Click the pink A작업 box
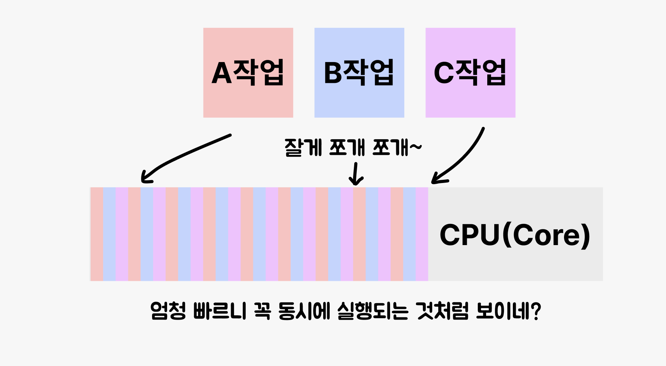click(248, 73)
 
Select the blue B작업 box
click(359, 73)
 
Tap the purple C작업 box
click(470, 73)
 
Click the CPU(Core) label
click(515, 235)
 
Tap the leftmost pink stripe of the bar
click(97, 234)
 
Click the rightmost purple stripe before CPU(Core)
click(422, 234)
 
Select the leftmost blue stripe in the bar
click(109, 234)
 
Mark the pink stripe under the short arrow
click(359, 234)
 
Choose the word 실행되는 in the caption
click(372, 311)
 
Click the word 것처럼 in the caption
click(442, 311)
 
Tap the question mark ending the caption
click(536, 311)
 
